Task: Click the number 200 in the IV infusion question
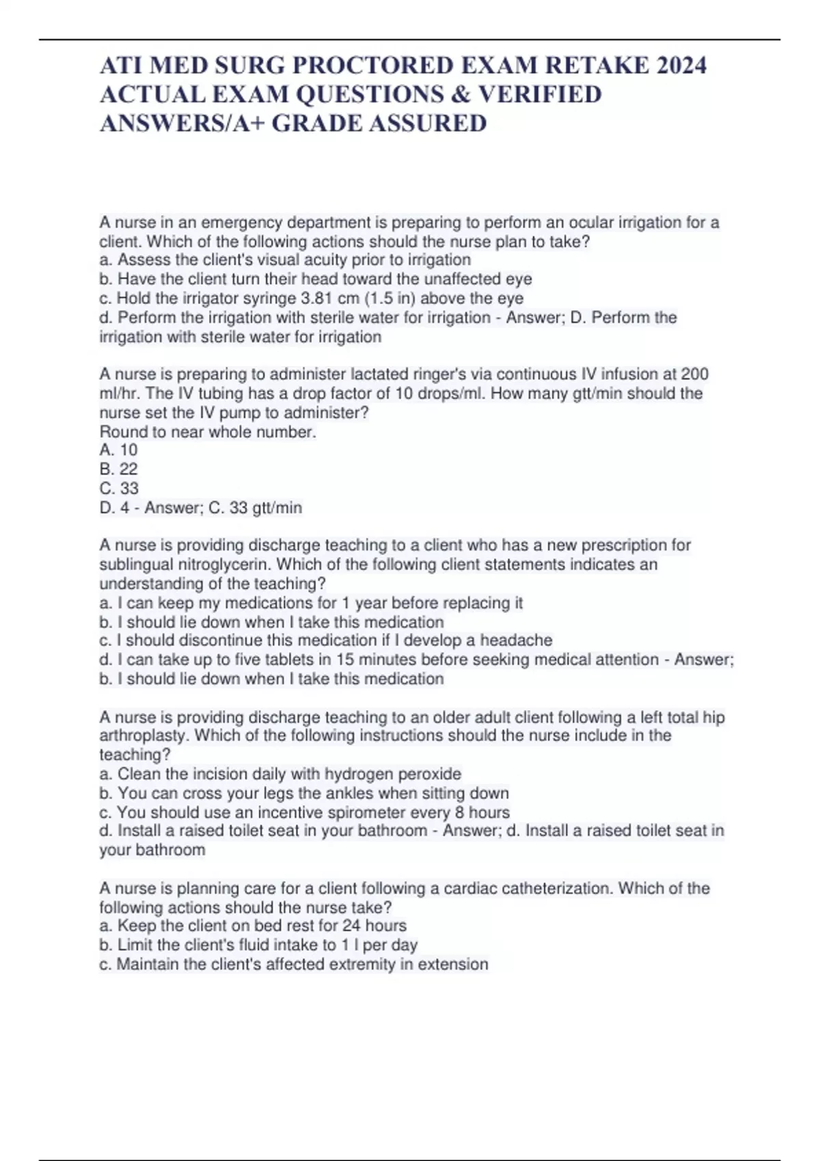[x=695, y=374]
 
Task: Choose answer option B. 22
[x=119, y=469]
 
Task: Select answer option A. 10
[x=119, y=450]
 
